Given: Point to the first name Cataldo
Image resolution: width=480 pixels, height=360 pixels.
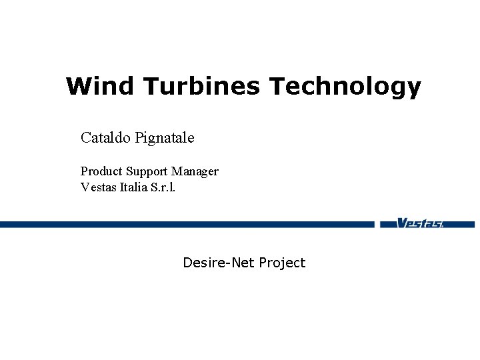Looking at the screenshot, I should (105, 138).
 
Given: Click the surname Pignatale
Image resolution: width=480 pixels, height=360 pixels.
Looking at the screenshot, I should (165, 139).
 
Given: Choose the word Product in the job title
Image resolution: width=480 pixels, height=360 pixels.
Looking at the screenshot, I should (101, 171).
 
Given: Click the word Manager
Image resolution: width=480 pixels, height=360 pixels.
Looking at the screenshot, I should (195, 172).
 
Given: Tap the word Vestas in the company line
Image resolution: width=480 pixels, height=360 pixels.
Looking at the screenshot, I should (98, 187).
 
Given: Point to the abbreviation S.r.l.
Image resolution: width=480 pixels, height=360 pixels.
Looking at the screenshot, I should (165, 187).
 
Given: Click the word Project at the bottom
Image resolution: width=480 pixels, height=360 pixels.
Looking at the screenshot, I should (282, 263).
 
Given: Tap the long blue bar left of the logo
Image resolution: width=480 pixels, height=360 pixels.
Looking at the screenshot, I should (187, 225).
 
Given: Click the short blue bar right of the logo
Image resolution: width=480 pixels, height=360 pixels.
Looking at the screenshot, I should (461, 225).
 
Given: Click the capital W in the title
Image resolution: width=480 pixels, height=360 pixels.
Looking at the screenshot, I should (77, 86).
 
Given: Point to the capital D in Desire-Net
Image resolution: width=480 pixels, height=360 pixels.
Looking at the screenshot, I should (188, 263).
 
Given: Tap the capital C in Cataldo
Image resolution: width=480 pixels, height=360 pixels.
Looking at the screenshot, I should (86, 138).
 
